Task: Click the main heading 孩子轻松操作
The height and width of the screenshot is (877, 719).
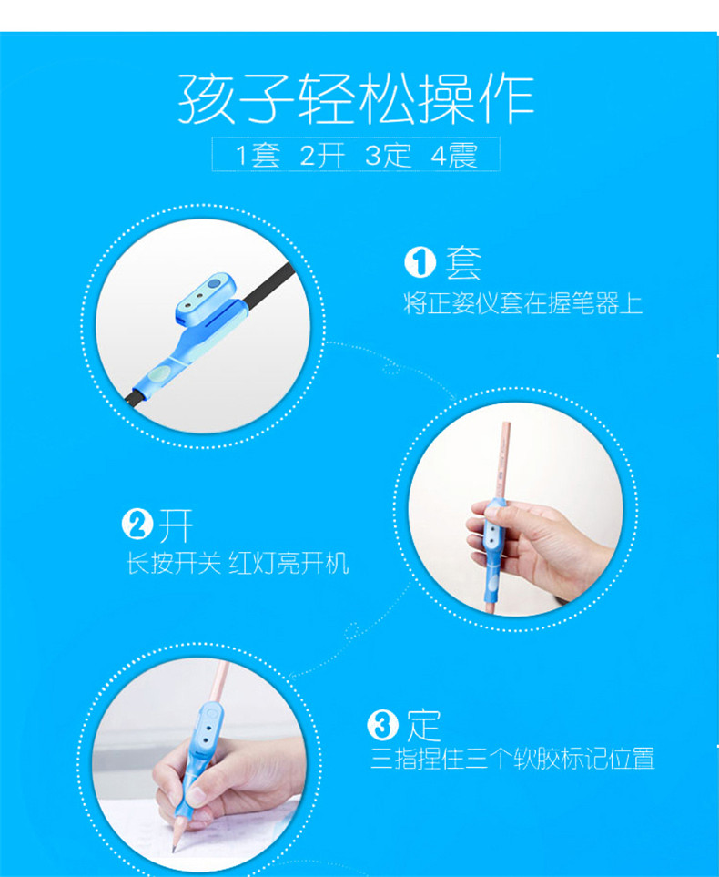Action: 356,99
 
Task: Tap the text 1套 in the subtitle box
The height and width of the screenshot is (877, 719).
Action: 258,155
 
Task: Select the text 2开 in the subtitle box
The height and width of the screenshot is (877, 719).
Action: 322,155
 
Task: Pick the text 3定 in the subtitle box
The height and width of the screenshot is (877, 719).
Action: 388,155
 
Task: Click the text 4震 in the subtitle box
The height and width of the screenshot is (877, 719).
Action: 454,155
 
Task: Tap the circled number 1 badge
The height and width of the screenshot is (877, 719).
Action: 420,262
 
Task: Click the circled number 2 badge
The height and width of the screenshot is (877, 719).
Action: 137,525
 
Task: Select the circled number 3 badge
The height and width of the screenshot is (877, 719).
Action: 382,726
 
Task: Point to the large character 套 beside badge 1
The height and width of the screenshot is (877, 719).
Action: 463,263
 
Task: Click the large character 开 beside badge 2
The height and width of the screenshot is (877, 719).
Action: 176,525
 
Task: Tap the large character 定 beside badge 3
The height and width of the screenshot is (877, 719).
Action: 424,726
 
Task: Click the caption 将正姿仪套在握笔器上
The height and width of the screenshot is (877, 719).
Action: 522,303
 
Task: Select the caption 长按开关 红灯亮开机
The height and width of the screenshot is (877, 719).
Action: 238,563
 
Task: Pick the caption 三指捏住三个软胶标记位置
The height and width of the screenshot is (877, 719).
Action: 512,759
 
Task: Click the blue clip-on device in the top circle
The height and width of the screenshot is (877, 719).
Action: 190,335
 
